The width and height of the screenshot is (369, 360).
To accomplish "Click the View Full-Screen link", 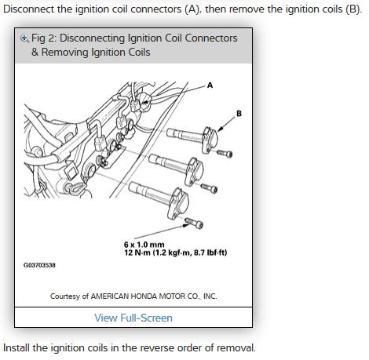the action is (x=133, y=318).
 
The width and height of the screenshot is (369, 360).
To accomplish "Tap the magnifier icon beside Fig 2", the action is (x=24, y=38).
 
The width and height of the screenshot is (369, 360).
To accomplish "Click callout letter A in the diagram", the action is (x=210, y=85).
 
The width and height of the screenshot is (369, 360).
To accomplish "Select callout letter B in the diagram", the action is (x=239, y=114).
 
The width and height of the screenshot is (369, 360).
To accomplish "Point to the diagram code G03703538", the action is (x=39, y=265).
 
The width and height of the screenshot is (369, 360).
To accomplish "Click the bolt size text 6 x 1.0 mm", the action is (x=144, y=245).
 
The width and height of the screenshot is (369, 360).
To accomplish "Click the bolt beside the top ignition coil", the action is (x=225, y=153).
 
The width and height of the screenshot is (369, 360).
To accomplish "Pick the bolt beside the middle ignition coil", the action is (x=209, y=187).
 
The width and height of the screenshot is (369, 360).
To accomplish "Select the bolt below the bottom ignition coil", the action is (x=194, y=223).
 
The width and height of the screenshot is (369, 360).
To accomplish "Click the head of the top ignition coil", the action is (x=210, y=140).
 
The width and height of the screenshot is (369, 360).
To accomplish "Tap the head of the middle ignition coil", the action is (x=194, y=172).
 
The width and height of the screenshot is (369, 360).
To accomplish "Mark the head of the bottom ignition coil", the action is (x=178, y=203).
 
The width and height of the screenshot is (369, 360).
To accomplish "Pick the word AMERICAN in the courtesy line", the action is (x=110, y=296).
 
